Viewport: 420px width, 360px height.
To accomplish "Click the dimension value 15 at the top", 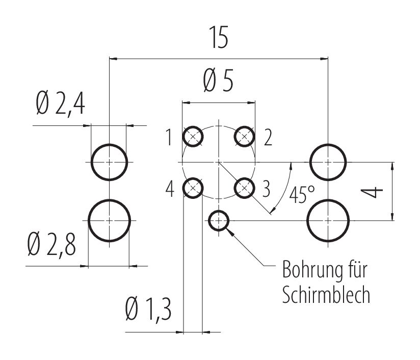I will click(x=218, y=39).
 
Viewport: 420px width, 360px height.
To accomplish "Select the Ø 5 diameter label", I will click(x=218, y=82).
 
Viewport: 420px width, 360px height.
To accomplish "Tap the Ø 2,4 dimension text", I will click(x=61, y=104).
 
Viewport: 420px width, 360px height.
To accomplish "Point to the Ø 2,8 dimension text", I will click(x=52, y=246).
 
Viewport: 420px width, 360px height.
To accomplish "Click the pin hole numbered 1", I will click(x=193, y=136).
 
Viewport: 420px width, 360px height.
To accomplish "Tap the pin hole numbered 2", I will click(x=245, y=136).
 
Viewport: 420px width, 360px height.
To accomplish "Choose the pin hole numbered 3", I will click(x=245, y=188).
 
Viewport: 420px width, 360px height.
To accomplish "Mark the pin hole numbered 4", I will click(x=193, y=188).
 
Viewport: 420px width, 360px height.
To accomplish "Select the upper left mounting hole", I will click(x=109, y=162).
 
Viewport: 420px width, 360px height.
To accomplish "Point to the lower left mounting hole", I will click(x=109, y=220).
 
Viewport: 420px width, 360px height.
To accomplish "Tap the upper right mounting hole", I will click(x=328, y=162).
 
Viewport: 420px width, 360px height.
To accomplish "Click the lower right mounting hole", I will click(x=328, y=220).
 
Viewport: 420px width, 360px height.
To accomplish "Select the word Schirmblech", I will click(x=326, y=296).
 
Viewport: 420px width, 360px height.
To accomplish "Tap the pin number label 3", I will click(x=266, y=190).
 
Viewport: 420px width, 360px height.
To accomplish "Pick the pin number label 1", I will click(x=169, y=138).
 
